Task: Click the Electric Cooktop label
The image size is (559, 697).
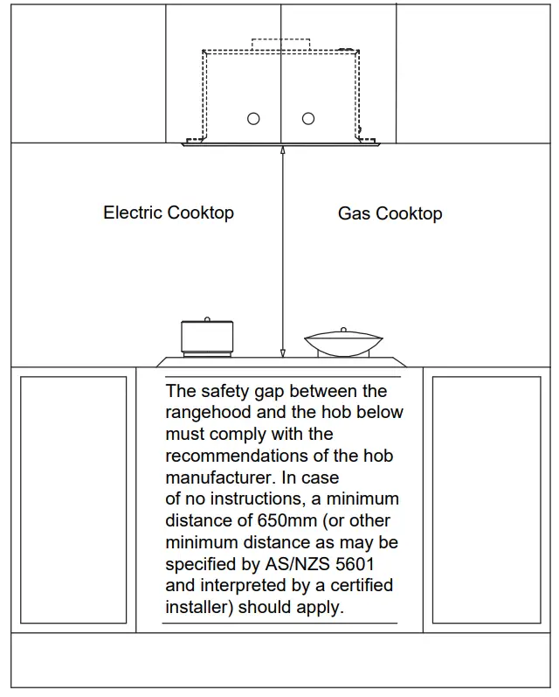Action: click(x=169, y=213)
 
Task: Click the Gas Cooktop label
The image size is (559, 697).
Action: click(x=390, y=213)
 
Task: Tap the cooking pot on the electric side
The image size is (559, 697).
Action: click(x=207, y=338)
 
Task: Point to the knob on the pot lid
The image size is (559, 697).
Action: click(x=207, y=319)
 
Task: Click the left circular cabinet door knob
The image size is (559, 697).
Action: click(x=253, y=119)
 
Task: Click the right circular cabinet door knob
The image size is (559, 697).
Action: click(x=307, y=119)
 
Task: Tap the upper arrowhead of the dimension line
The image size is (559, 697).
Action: click(x=282, y=151)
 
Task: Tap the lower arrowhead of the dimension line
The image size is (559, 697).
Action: click(x=282, y=352)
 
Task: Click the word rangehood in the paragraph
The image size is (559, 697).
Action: click(x=207, y=412)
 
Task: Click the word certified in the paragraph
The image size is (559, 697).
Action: click(x=358, y=585)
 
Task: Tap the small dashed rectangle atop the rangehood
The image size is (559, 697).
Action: click(x=280, y=43)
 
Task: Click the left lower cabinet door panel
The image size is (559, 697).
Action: click(x=73, y=499)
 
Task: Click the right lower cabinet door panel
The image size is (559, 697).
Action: click(x=486, y=499)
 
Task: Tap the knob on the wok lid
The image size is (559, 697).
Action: click(x=343, y=330)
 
